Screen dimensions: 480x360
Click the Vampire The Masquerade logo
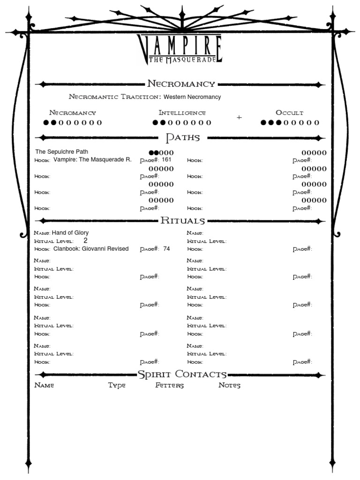point(180,49)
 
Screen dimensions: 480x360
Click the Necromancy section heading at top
point(181,84)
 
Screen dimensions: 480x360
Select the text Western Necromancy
point(192,97)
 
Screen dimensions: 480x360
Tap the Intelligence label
point(182,113)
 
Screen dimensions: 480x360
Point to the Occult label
point(289,113)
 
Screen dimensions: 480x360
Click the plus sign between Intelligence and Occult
point(239,118)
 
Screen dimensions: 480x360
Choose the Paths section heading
point(183,138)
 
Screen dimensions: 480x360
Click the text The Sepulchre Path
point(61,152)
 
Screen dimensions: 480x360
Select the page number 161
point(166,160)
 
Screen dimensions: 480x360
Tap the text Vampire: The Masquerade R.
point(92,160)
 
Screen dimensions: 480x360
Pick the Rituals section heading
point(182,221)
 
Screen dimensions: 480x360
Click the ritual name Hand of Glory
point(70,232)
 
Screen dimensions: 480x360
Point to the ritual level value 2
point(85,240)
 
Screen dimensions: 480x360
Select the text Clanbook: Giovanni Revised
point(90,249)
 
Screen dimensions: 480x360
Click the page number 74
point(166,249)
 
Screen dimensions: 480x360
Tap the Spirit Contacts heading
point(182,375)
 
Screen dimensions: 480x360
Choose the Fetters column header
point(169,386)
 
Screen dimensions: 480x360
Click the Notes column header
point(229,386)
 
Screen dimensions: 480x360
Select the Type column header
point(117,386)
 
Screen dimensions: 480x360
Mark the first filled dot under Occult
point(263,123)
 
